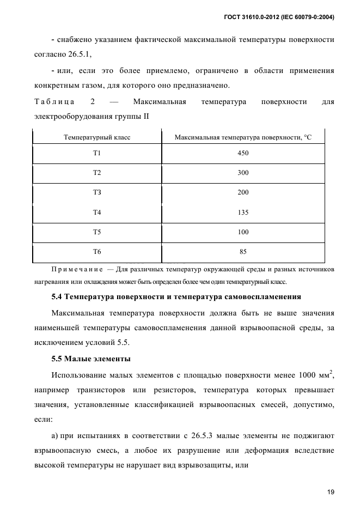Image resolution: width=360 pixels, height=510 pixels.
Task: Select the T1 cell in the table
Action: click(x=97, y=153)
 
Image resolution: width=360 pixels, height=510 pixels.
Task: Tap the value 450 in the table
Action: click(x=243, y=153)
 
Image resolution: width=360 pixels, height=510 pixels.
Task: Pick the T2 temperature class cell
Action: click(x=97, y=173)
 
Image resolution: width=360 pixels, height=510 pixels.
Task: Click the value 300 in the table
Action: click(x=243, y=173)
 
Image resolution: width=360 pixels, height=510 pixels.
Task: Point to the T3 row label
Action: click(x=97, y=192)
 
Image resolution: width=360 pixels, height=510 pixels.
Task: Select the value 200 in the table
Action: click(x=243, y=192)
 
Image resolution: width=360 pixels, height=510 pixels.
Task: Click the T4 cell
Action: click(x=97, y=212)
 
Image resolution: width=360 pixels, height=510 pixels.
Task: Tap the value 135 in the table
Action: click(x=243, y=212)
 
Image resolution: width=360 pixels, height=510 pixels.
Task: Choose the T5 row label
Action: click(x=97, y=232)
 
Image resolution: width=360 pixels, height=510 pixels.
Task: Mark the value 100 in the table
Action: click(x=243, y=232)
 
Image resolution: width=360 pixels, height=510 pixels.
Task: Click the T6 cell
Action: click(x=97, y=252)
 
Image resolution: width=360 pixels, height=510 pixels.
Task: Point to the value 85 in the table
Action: click(x=243, y=252)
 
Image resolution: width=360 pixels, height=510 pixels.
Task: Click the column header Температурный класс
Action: click(x=97, y=138)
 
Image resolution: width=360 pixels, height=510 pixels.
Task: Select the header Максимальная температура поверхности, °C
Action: click(x=243, y=138)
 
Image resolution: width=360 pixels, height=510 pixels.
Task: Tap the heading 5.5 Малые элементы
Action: click(x=90, y=359)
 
